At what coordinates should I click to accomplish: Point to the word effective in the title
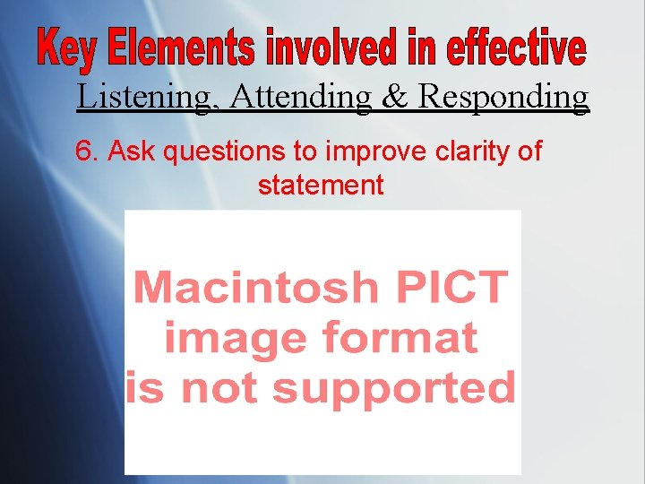(x=515, y=51)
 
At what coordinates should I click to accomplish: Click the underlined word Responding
(x=504, y=97)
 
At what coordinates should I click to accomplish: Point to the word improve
(x=366, y=152)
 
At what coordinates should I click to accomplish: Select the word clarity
(x=465, y=152)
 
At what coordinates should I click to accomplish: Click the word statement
(x=321, y=186)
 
